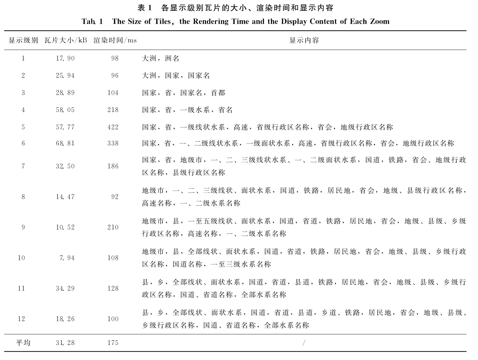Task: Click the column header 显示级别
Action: (x=23, y=40)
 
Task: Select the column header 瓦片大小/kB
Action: (x=66, y=40)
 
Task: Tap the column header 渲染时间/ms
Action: (x=115, y=40)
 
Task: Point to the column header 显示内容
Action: (x=304, y=40)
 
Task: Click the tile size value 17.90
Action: (x=65, y=58)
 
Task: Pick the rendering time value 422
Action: (x=113, y=127)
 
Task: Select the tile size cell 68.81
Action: (x=65, y=143)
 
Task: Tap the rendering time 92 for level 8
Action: (x=115, y=197)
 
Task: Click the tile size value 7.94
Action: (x=67, y=258)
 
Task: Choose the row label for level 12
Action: (x=21, y=319)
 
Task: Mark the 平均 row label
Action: (x=23, y=343)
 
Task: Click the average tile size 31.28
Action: (x=65, y=343)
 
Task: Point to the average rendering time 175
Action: (x=113, y=343)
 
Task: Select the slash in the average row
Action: (x=304, y=343)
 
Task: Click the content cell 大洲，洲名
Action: (x=160, y=58)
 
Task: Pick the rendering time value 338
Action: (x=113, y=143)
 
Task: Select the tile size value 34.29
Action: (x=65, y=288)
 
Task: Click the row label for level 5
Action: (x=23, y=127)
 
